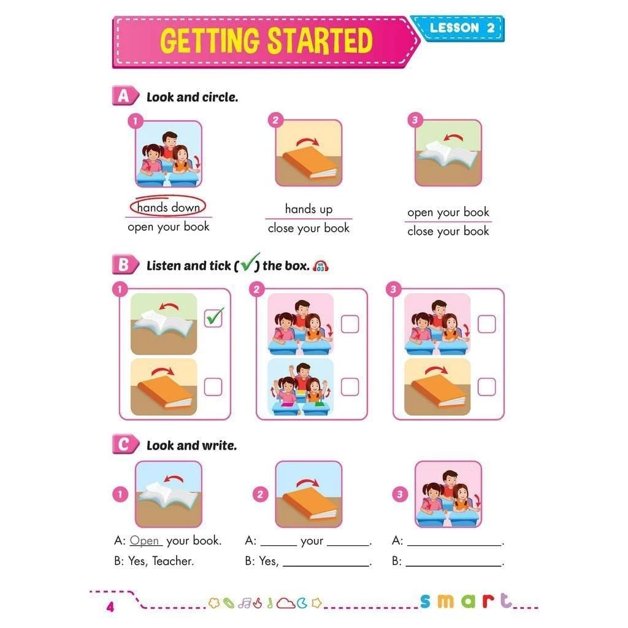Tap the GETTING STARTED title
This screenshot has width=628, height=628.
pos(266,40)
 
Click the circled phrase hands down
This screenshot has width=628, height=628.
pos(168,207)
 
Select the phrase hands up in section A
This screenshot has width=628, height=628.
pos(308,209)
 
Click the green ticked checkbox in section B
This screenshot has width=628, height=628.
pos(213,318)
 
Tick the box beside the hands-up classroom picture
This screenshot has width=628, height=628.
pos(350,387)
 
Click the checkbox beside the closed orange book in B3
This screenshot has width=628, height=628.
pos(486,387)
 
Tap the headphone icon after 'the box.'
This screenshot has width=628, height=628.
pos(320,266)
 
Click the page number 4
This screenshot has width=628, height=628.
pos(110,607)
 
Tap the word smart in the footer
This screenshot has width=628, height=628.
pos(466,601)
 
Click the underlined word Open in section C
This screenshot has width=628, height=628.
pos(145,541)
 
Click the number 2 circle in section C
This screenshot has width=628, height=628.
pos(261,494)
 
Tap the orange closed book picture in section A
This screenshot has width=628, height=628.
pos(308,153)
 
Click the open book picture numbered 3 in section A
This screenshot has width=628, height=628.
pos(448,153)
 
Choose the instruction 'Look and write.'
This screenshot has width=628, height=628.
pos(191,446)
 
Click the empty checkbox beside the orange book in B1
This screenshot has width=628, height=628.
pos(213,387)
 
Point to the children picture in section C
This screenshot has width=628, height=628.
pos(448,494)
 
